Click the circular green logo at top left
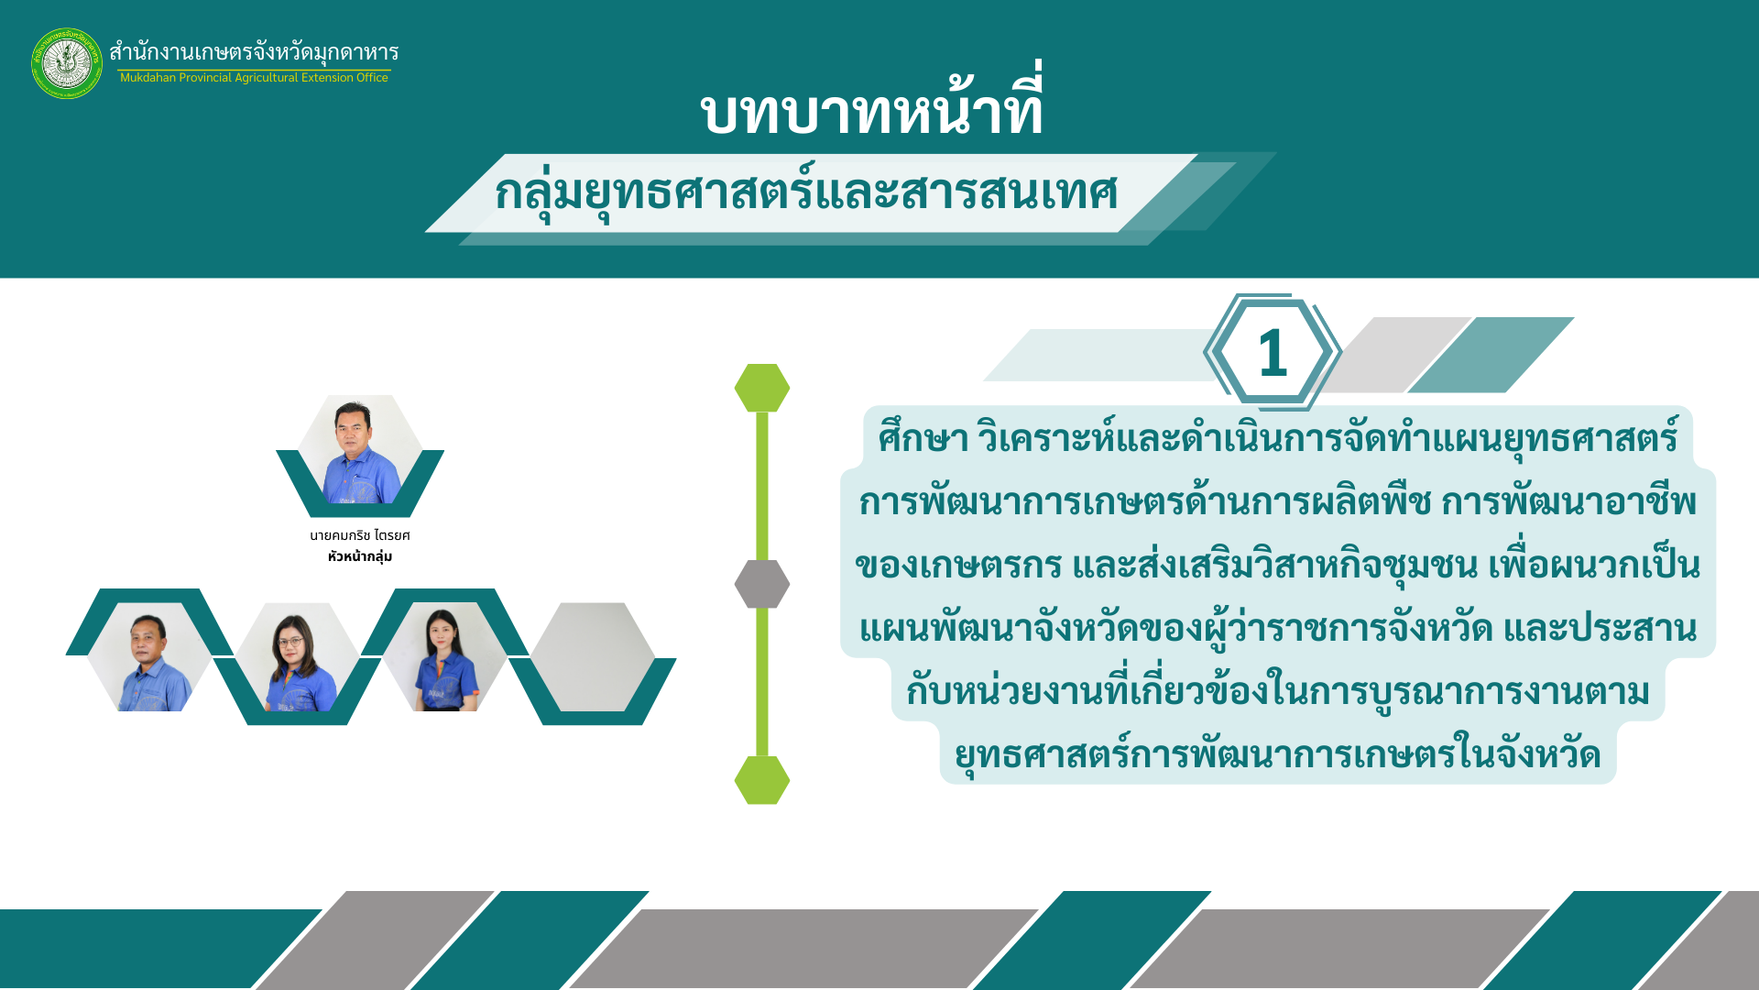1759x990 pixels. tap(67, 63)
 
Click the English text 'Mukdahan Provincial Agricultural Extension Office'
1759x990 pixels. tap(254, 78)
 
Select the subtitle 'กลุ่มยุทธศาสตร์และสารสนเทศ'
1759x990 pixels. tap(806, 191)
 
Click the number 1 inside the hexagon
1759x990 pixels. tap(1273, 353)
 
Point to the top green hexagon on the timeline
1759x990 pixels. tap(762, 388)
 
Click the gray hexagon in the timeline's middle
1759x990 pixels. tap(762, 584)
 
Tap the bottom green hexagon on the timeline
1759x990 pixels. tap(762, 780)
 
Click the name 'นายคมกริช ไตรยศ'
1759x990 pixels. tap(360, 535)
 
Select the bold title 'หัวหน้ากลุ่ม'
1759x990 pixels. tap(360, 556)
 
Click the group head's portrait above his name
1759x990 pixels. tap(360, 451)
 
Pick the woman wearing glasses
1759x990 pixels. tap(297, 656)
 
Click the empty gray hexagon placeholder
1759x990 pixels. tap(592, 656)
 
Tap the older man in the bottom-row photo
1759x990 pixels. tap(149, 656)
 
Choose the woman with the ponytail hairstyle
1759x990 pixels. tap(444, 656)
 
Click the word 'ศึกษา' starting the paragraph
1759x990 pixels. tap(923, 437)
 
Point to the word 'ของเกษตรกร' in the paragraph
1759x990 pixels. tap(958, 565)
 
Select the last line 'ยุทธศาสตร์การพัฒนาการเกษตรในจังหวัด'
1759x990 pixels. tap(1277, 753)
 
